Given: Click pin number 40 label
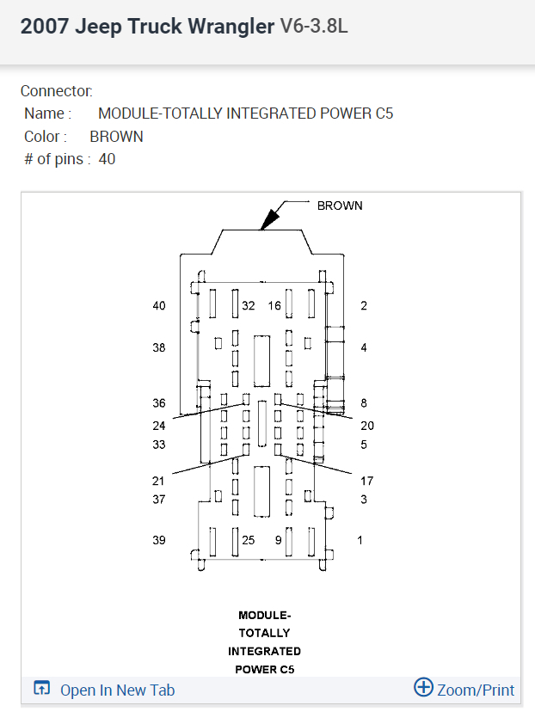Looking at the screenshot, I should click(159, 306).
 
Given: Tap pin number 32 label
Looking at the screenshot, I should click(249, 306).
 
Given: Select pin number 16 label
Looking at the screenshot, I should click(274, 306).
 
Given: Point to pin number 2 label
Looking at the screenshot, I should click(364, 306).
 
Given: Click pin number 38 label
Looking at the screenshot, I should click(159, 348).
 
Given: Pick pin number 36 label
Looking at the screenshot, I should click(159, 403).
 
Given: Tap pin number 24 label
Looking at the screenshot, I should click(159, 426).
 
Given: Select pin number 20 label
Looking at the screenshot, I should click(367, 426).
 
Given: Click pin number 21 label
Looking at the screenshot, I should click(159, 482).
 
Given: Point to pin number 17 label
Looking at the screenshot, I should click(367, 482).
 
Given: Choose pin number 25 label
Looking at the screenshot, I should click(249, 541).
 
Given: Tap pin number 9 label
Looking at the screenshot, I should click(278, 541).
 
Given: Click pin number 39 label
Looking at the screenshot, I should click(159, 541).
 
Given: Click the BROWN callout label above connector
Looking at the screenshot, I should click(340, 206).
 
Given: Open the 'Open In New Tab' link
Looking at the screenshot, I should click(116, 690).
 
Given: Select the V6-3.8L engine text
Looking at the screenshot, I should click(314, 27).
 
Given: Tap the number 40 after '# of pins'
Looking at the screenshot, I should click(107, 159).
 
